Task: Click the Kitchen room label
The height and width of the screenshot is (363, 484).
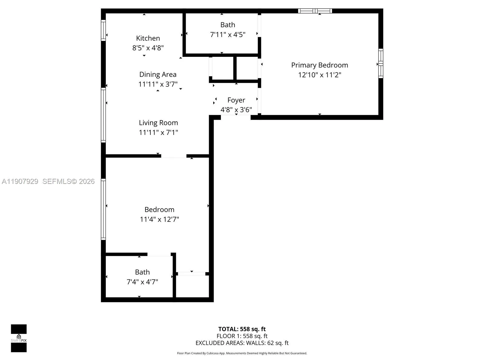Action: click(148, 38)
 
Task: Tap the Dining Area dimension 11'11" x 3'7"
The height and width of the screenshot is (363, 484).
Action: click(158, 84)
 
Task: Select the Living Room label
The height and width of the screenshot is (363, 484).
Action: click(158, 123)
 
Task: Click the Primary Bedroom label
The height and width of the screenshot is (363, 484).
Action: click(319, 65)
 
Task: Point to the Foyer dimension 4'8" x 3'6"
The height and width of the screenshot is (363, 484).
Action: click(236, 110)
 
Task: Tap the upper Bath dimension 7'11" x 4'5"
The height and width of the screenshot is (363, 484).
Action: click(227, 34)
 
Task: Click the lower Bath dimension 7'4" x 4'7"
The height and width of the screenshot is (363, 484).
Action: click(142, 282)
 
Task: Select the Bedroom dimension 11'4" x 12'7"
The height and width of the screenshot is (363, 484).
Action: click(159, 219)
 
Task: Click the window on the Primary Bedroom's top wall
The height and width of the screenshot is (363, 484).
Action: click(315, 11)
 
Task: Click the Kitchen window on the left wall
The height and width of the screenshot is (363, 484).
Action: click(103, 30)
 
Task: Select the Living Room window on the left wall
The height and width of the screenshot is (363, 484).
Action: click(103, 115)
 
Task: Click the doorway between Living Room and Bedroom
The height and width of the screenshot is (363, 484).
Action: click(174, 156)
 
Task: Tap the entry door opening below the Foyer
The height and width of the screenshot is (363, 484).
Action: click(236, 117)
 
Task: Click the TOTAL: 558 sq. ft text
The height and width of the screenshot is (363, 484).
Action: click(242, 329)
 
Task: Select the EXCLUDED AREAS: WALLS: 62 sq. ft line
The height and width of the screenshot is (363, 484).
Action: click(242, 343)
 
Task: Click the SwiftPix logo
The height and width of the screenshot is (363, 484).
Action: click(19, 338)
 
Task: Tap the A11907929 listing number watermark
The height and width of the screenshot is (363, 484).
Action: click(20, 181)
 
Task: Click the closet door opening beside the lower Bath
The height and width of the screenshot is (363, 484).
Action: click(191, 274)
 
